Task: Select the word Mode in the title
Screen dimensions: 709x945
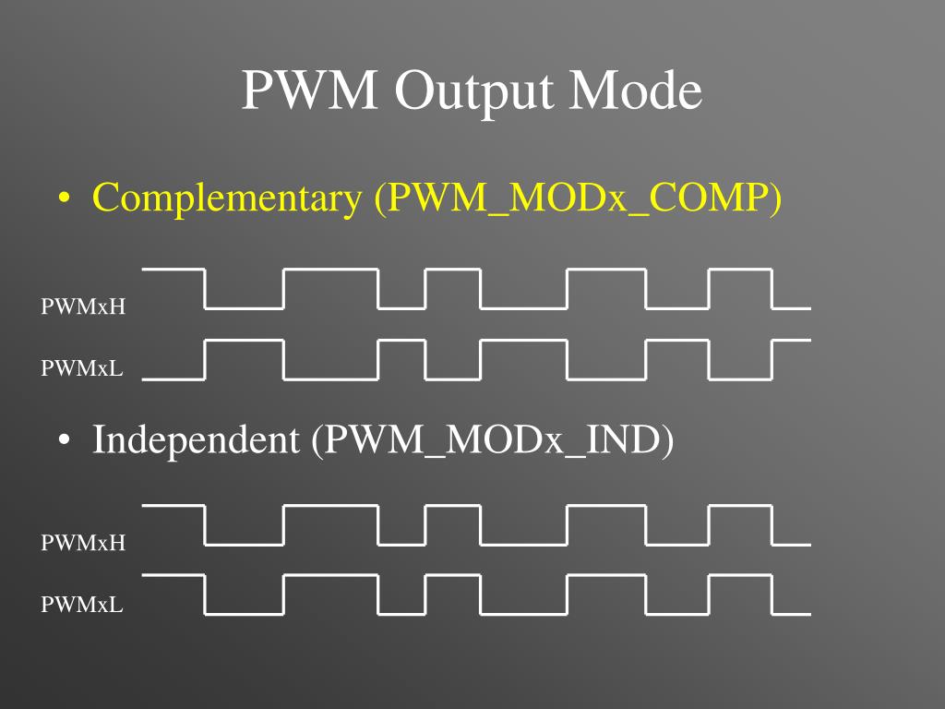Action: pos(636,90)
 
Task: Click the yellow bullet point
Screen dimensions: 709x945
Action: pos(64,199)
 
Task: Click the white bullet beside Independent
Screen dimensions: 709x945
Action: pos(64,441)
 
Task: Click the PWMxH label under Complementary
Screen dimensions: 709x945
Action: pos(83,306)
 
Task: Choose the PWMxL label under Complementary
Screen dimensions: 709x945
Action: pos(81,368)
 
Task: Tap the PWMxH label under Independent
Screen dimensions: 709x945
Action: pos(83,543)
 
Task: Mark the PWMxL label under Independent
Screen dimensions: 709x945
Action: pos(81,605)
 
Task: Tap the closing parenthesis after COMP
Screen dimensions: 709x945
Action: pos(775,199)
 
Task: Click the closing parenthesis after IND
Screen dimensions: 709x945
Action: pos(667,440)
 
